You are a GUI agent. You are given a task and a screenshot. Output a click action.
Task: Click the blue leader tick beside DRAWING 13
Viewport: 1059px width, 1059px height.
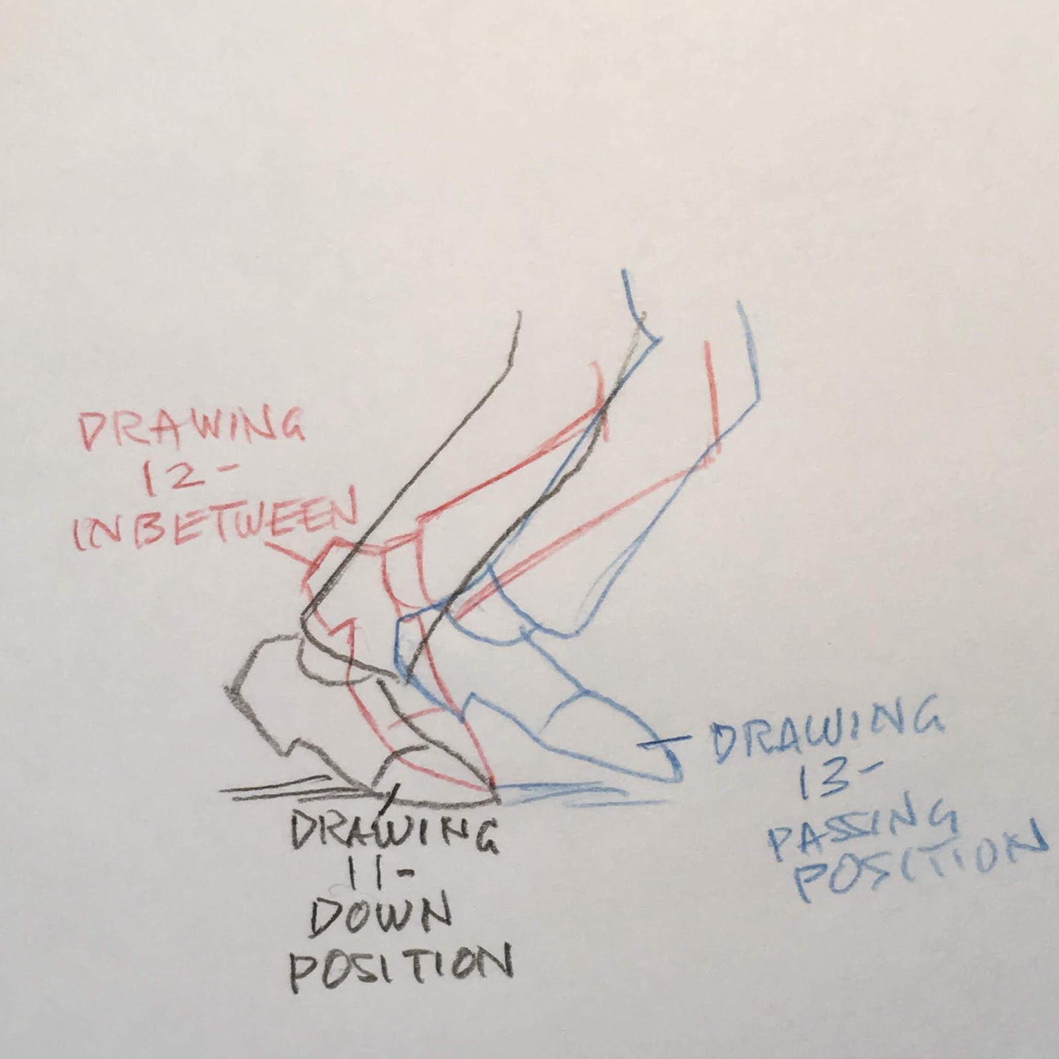(x=665, y=745)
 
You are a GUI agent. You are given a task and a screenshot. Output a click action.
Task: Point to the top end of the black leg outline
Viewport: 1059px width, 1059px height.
(x=520, y=316)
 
